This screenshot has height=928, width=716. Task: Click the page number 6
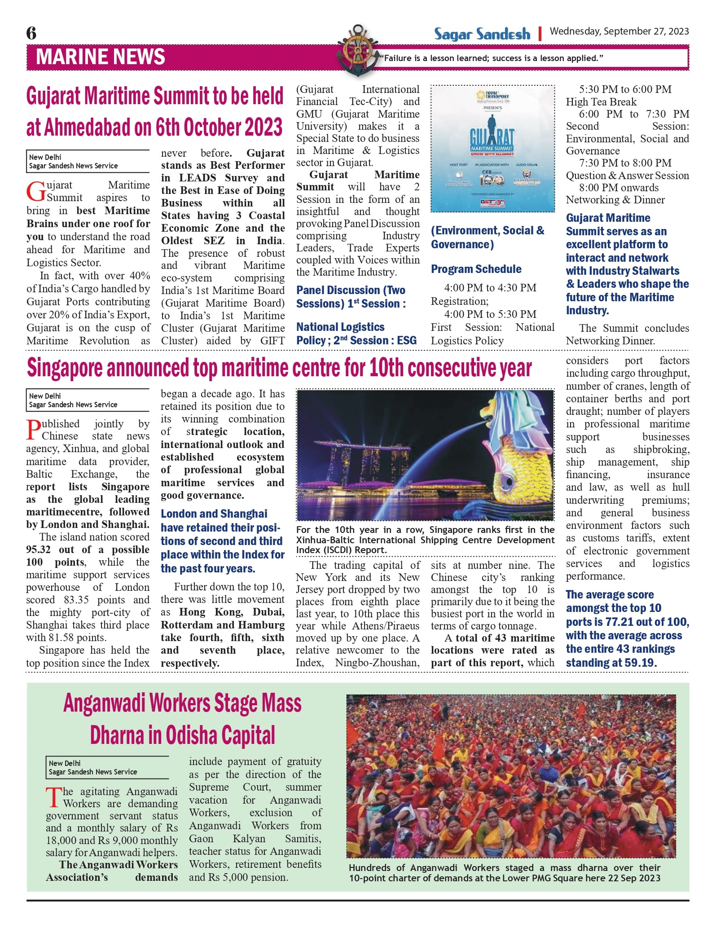click(31, 33)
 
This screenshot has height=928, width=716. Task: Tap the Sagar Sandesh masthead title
click(482, 34)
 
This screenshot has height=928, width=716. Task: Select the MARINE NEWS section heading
click(100, 57)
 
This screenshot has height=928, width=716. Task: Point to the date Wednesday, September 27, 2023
click(619, 31)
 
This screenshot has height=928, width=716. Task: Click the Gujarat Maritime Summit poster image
click(492, 149)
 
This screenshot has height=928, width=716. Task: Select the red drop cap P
click(34, 430)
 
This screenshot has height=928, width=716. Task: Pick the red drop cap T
click(53, 797)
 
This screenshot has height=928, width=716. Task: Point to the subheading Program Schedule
click(476, 269)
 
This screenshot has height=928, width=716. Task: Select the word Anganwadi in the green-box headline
click(105, 704)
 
